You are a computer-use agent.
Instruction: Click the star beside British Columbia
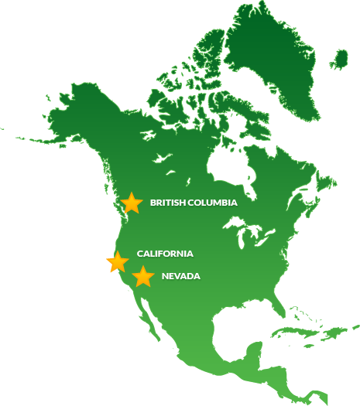click(132, 203)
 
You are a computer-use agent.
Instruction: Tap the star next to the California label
click(118, 261)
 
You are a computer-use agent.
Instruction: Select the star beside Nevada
click(142, 276)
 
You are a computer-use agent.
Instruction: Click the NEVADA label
click(180, 276)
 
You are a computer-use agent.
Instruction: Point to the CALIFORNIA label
click(165, 254)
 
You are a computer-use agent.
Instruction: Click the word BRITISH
click(166, 203)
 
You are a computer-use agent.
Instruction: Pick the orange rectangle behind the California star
click(109, 261)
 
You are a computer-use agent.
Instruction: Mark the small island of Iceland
click(341, 59)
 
